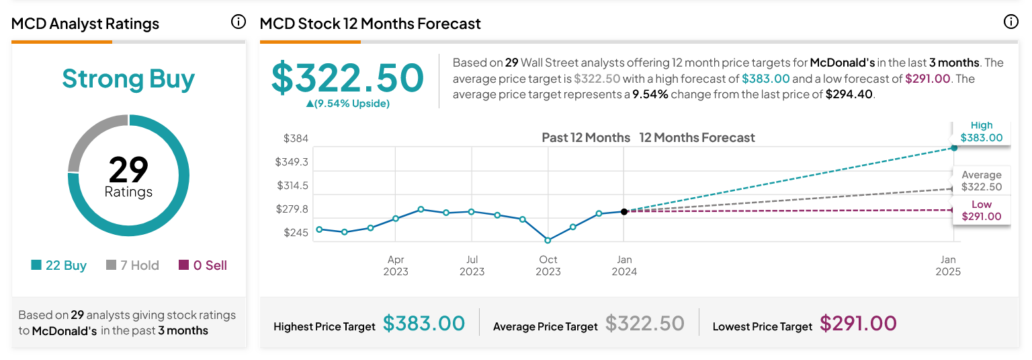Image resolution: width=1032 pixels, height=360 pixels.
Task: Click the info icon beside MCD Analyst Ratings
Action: tap(239, 22)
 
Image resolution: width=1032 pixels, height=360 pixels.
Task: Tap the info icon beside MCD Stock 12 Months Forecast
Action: tap(1010, 22)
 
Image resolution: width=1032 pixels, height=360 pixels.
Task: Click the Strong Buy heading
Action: tap(128, 79)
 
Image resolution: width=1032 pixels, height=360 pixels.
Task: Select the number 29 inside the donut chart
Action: tap(128, 170)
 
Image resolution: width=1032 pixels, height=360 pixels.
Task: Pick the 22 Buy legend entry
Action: tap(59, 265)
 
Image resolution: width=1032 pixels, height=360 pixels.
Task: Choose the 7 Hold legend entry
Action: tap(133, 265)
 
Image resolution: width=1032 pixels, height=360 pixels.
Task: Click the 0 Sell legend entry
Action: tap(203, 265)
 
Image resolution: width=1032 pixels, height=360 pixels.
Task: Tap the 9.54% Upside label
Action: tap(347, 104)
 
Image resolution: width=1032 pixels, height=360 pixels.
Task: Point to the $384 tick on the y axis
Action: tap(296, 139)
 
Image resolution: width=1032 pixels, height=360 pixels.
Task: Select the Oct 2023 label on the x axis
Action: tap(548, 265)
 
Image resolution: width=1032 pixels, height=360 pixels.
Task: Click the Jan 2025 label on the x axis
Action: tap(948, 265)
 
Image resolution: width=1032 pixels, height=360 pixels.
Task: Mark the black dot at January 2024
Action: tap(624, 211)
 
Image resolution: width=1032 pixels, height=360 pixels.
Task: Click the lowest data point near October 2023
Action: tap(548, 240)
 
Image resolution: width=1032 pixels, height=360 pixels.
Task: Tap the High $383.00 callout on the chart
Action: tap(981, 132)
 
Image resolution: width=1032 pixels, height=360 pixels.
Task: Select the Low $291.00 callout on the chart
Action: tap(981, 211)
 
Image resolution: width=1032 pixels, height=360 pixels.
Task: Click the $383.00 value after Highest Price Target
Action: tap(424, 324)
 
